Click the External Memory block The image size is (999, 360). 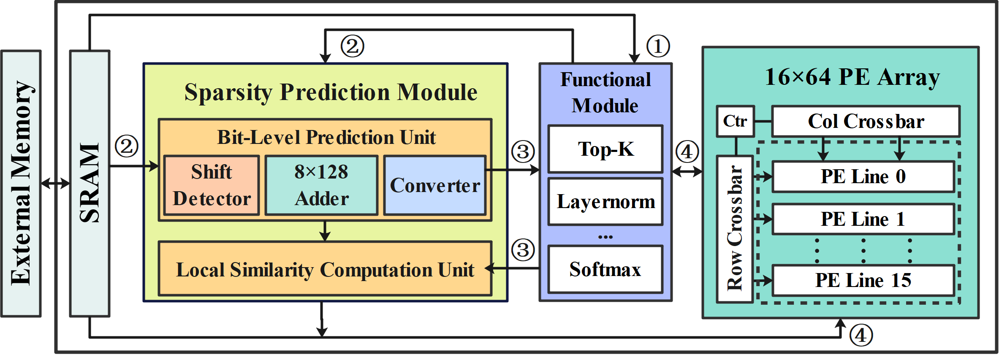tap(21, 184)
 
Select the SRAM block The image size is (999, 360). tap(90, 184)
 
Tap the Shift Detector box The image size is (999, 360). tap(212, 185)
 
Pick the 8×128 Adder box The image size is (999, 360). tap(321, 185)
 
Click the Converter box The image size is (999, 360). tap(435, 185)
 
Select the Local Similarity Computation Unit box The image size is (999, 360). tap(325, 269)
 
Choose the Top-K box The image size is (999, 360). tap(605, 149)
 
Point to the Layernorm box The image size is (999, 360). tap(605, 202)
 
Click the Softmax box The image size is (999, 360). tap(605, 269)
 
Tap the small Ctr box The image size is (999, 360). tap(735, 122)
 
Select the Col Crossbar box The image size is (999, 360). tap(866, 122)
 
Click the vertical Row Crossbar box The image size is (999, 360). tap(735, 229)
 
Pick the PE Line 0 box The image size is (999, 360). tap(863, 176)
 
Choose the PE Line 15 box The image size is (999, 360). tap(863, 280)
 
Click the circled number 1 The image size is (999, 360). tap(658, 46)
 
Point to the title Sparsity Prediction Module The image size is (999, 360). tap(331, 92)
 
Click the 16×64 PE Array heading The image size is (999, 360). tap(852, 77)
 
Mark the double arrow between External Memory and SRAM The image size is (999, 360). tap(56, 183)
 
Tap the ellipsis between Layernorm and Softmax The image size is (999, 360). tap(605, 237)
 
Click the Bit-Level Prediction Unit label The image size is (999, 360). tap(326, 138)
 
